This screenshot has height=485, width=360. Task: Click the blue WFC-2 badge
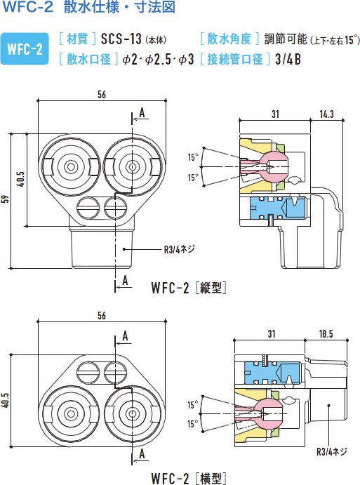[x=25, y=49]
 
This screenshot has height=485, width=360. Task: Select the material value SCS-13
[x=121, y=39]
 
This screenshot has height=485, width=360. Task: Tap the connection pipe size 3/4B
[x=288, y=59]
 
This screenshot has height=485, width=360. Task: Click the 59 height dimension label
[x=5, y=199]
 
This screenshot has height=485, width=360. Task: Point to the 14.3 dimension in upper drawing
[x=326, y=114]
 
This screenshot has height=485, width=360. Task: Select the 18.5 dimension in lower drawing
[x=326, y=334]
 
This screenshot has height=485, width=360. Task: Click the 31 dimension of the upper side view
[x=275, y=114]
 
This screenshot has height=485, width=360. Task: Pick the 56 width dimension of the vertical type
[x=102, y=94]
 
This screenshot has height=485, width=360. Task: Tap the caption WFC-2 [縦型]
[x=189, y=288]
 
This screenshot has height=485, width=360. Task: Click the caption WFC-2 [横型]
[x=189, y=478]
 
